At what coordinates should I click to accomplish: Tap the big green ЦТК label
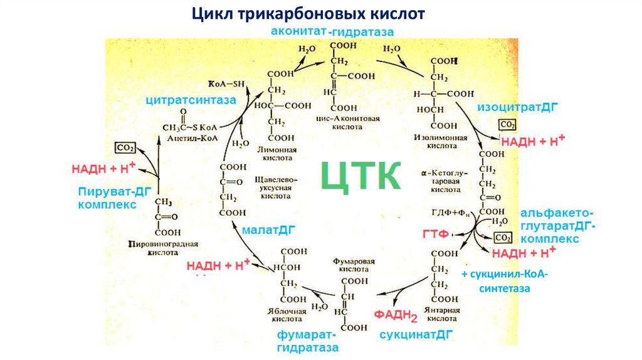click(360, 175)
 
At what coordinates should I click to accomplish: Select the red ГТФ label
click(434, 234)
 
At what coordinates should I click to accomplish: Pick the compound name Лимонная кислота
click(276, 155)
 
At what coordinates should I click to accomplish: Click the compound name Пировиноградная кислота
click(162, 248)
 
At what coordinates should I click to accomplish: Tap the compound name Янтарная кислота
click(443, 315)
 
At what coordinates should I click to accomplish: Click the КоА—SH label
click(223, 83)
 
